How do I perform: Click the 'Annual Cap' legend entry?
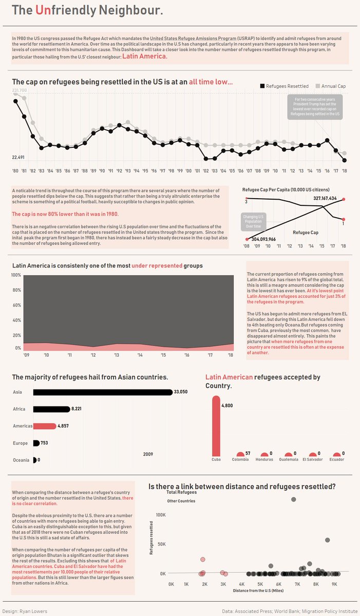tap(333, 86)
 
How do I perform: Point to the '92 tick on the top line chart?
tap(119, 170)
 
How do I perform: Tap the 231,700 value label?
tap(20, 90)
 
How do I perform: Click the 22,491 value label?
tap(20, 157)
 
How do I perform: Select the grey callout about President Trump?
tap(315, 107)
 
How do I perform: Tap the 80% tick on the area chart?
tap(16, 290)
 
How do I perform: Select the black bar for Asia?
tap(103, 393)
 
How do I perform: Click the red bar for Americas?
tap(45, 426)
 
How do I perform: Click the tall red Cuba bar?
tap(216, 426)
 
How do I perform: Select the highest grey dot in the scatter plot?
tap(293, 499)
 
